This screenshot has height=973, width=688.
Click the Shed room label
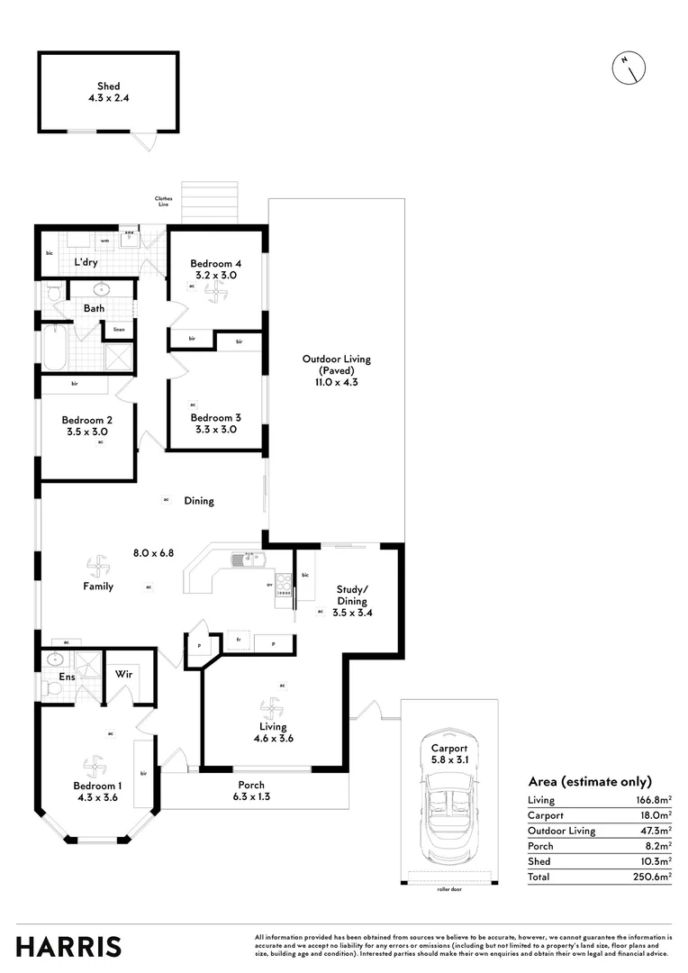108,92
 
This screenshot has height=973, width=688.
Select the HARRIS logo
68,946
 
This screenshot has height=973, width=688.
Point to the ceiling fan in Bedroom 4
214,292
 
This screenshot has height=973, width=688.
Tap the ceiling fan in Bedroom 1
94,767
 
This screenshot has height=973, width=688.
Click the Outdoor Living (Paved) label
336,370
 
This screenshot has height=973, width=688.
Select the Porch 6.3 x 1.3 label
252,790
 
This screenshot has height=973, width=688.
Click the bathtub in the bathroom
52,349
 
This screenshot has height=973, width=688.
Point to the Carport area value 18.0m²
653,814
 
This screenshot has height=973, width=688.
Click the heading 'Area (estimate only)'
589,782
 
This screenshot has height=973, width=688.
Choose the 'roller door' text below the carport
448,887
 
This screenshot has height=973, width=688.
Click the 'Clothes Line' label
163,202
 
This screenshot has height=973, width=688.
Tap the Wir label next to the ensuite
123,673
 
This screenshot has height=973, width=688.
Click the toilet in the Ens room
52,688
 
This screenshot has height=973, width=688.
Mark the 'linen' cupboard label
119,329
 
